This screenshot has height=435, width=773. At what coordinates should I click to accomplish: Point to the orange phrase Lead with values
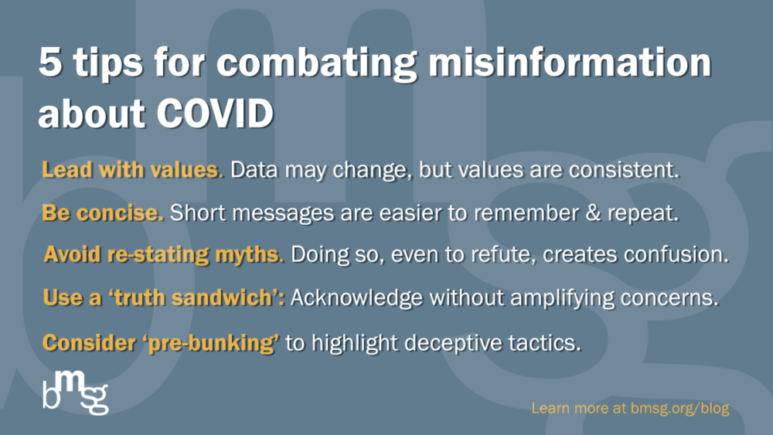[x=132, y=171]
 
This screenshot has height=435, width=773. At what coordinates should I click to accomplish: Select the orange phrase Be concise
[x=103, y=214]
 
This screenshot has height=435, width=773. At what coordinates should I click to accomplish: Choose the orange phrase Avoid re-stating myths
[x=163, y=256]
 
